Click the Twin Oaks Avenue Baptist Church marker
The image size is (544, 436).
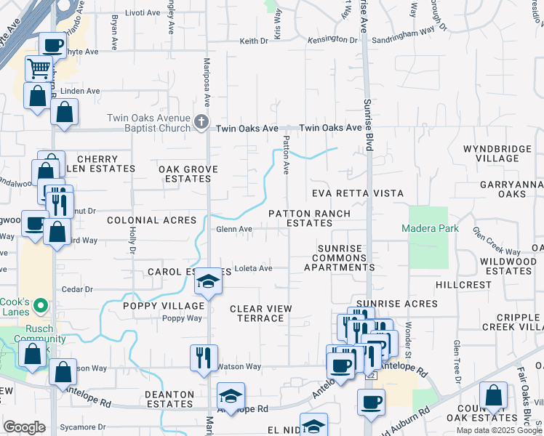point(202,123)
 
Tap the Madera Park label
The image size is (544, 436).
point(430,228)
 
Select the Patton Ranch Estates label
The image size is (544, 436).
point(309,219)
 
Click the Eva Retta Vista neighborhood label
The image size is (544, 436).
point(357,193)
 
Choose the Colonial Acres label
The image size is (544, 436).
point(151,219)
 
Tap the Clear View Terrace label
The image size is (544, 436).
point(261,313)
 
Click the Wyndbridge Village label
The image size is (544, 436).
point(497,153)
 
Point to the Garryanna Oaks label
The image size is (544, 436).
point(512,189)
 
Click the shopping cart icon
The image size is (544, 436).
point(38,68)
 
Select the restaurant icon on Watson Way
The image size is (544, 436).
point(203,357)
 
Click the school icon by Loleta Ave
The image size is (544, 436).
point(208,281)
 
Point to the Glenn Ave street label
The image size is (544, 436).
point(234,229)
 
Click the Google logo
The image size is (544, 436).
point(25,427)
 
